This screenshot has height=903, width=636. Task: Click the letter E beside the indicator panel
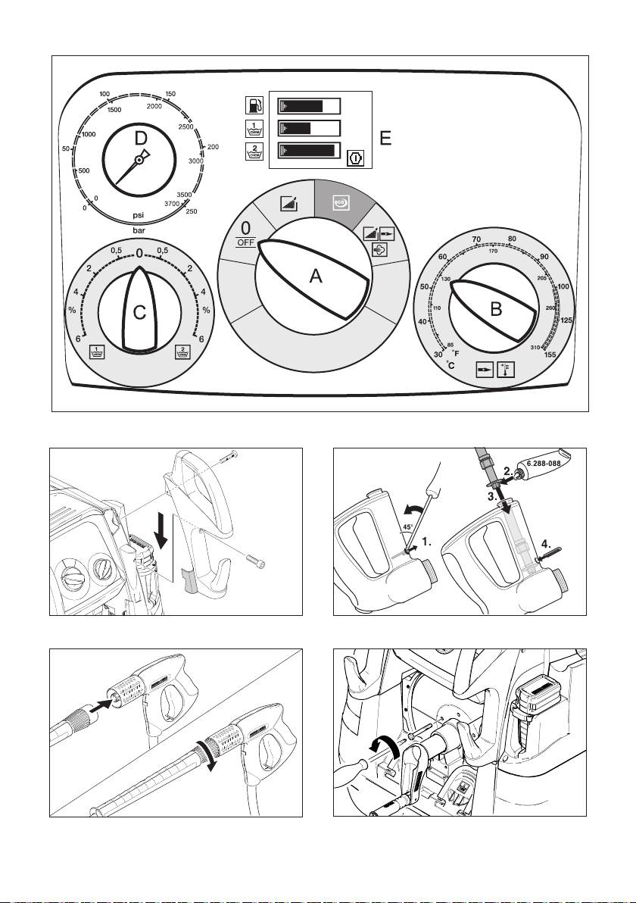[386, 138]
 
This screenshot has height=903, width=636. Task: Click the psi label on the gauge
[138, 214]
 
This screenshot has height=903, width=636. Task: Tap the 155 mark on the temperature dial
[571, 354]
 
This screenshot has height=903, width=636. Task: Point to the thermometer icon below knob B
[504, 370]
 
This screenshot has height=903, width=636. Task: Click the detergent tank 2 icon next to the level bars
[254, 151]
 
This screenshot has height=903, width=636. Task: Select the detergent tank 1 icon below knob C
[97, 351]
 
